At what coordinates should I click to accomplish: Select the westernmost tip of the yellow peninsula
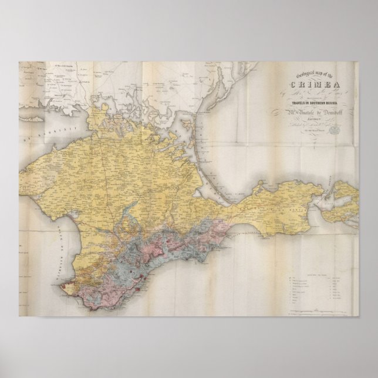23,170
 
